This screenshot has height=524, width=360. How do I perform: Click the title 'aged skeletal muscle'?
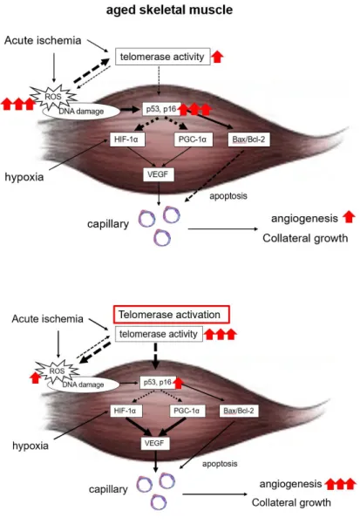(169, 10)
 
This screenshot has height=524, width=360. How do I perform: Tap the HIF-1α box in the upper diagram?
(127, 140)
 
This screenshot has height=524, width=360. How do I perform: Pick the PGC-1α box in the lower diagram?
(187, 411)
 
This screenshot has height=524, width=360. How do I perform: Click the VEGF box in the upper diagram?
(159, 174)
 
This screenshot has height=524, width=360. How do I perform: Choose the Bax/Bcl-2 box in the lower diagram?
(239, 411)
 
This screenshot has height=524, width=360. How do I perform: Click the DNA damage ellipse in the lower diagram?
(83, 385)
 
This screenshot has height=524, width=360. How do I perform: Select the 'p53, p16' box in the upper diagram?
(161, 109)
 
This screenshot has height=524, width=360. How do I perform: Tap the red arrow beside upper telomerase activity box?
(217, 57)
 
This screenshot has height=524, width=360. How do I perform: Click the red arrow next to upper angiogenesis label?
(349, 217)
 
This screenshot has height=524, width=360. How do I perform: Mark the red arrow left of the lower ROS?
(35, 378)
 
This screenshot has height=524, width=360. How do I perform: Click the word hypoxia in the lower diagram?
(31, 446)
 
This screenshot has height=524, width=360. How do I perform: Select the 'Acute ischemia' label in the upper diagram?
(43, 40)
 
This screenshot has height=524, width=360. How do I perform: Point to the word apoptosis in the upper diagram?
(228, 196)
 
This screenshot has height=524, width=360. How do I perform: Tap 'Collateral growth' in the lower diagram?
(291, 502)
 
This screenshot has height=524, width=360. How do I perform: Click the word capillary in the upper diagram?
(108, 224)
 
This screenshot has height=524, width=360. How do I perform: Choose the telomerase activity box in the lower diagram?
(159, 334)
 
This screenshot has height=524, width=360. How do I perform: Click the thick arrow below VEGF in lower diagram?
(155, 461)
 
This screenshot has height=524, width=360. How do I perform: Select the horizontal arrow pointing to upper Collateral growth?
(223, 229)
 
